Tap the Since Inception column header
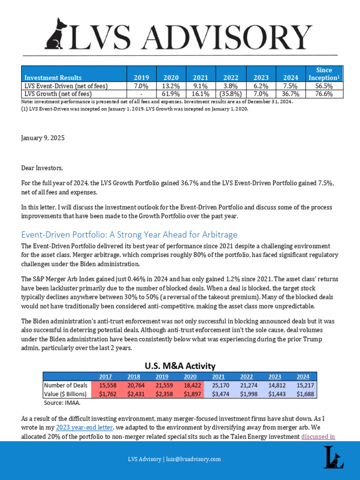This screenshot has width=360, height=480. tap(324, 74)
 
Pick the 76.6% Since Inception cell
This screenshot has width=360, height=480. tap(324, 94)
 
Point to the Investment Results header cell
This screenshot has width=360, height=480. tap(53, 78)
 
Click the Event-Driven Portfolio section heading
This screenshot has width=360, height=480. tap(129, 235)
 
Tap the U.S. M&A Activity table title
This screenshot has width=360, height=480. tap(180, 366)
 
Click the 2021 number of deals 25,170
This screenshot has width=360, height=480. tap(218, 385)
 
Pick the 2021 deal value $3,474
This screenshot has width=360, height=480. tap(218, 394)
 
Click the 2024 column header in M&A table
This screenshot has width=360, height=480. tap(303, 376)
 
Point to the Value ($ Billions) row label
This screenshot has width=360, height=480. tap(66, 394)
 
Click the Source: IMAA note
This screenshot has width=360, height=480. tap(62, 402)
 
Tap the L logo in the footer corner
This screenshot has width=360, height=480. tap(333, 457)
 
